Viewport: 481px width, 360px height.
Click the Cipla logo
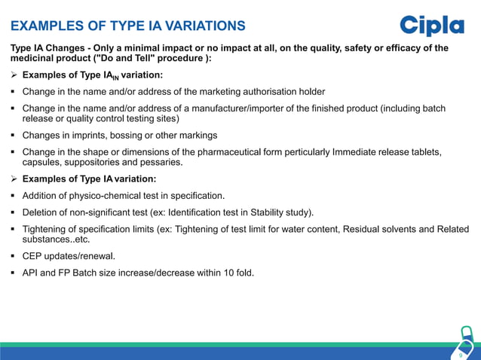431,25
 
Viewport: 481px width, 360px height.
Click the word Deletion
43,212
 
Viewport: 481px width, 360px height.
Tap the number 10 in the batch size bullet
218,273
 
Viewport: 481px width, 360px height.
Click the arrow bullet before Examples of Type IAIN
14,75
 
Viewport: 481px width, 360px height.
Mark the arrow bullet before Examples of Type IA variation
14,179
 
